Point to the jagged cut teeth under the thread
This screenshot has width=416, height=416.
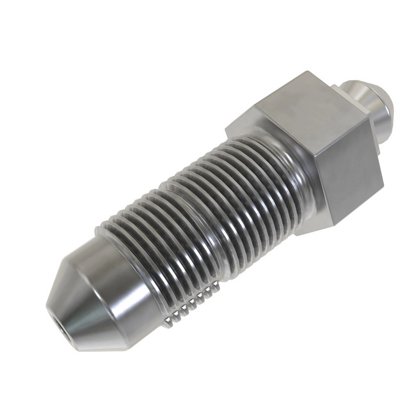coord(186,306)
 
